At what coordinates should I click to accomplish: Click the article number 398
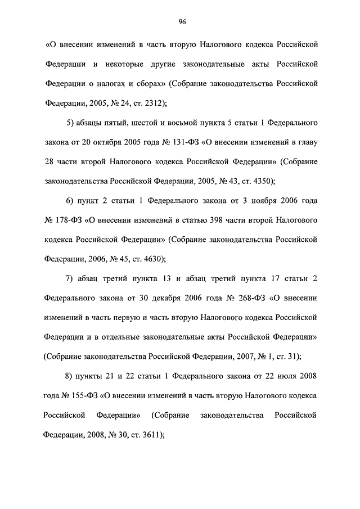point(233,220)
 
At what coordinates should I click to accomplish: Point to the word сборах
point(151,83)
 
